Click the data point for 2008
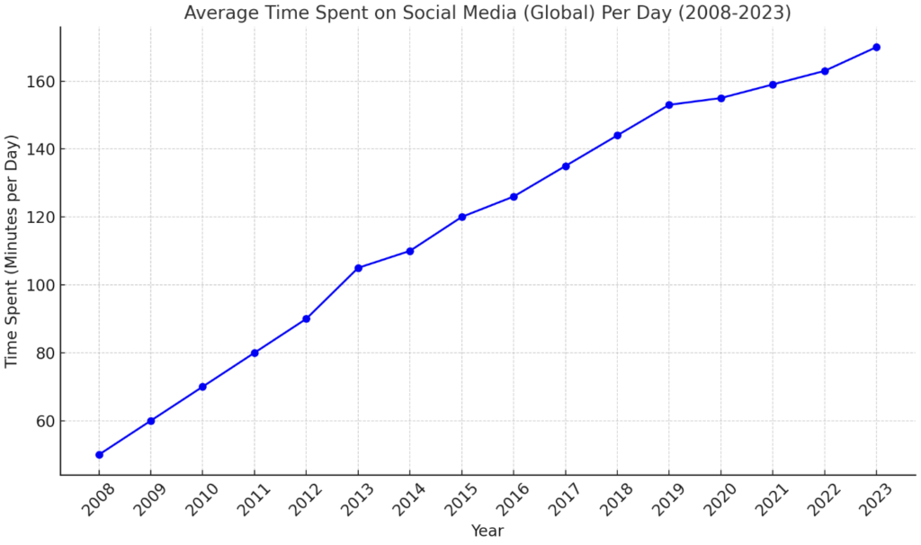(x=99, y=454)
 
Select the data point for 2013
(x=358, y=268)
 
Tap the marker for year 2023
(x=876, y=47)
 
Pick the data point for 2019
(x=669, y=104)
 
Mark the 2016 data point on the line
(x=514, y=197)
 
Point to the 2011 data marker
(x=255, y=353)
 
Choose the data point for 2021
(x=773, y=85)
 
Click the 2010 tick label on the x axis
(x=201, y=498)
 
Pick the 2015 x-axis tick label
(x=461, y=498)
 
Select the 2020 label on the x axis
(x=720, y=498)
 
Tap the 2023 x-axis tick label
(x=876, y=498)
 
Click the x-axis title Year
(x=487, y=531)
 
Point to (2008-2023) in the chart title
(x=735, y=13)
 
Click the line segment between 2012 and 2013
(x=333, y=294)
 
